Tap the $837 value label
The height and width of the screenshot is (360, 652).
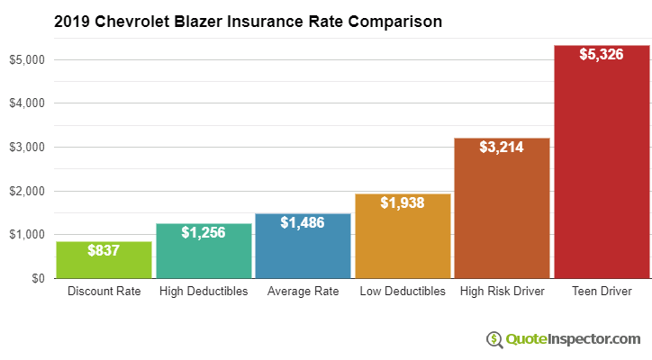tap(104, 250)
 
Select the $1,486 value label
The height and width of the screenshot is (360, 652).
tap(303, 222)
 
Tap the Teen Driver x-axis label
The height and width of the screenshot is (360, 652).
tap(602, 292)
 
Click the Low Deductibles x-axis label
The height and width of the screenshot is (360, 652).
tap(403, 292)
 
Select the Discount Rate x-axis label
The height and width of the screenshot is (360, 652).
tap(104, 292)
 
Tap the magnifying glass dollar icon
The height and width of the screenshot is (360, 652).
tap(494, 339)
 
